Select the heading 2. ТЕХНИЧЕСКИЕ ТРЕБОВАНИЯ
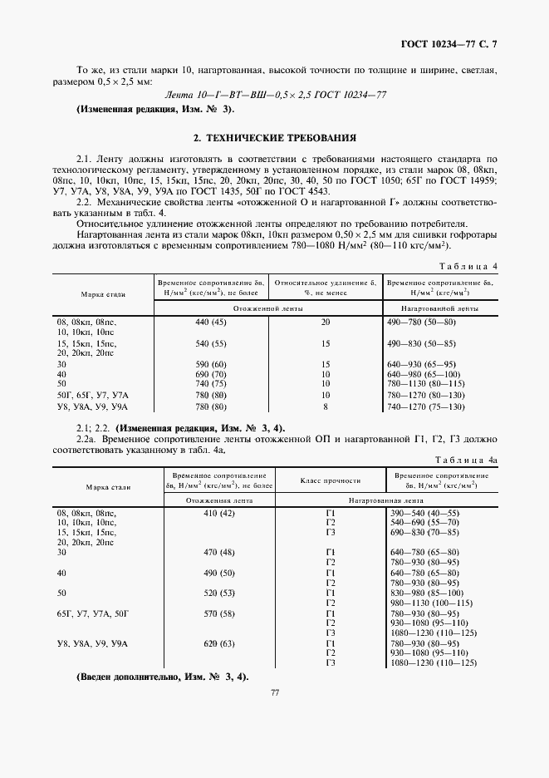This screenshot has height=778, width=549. [x=274, y=137]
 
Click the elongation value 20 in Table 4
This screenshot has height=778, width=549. [x=326, y=322]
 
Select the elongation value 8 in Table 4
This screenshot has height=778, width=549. [x=326, y=406]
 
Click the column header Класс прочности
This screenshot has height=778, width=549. [x=331, y=480]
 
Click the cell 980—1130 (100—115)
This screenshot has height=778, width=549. [x=431, y=603]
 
